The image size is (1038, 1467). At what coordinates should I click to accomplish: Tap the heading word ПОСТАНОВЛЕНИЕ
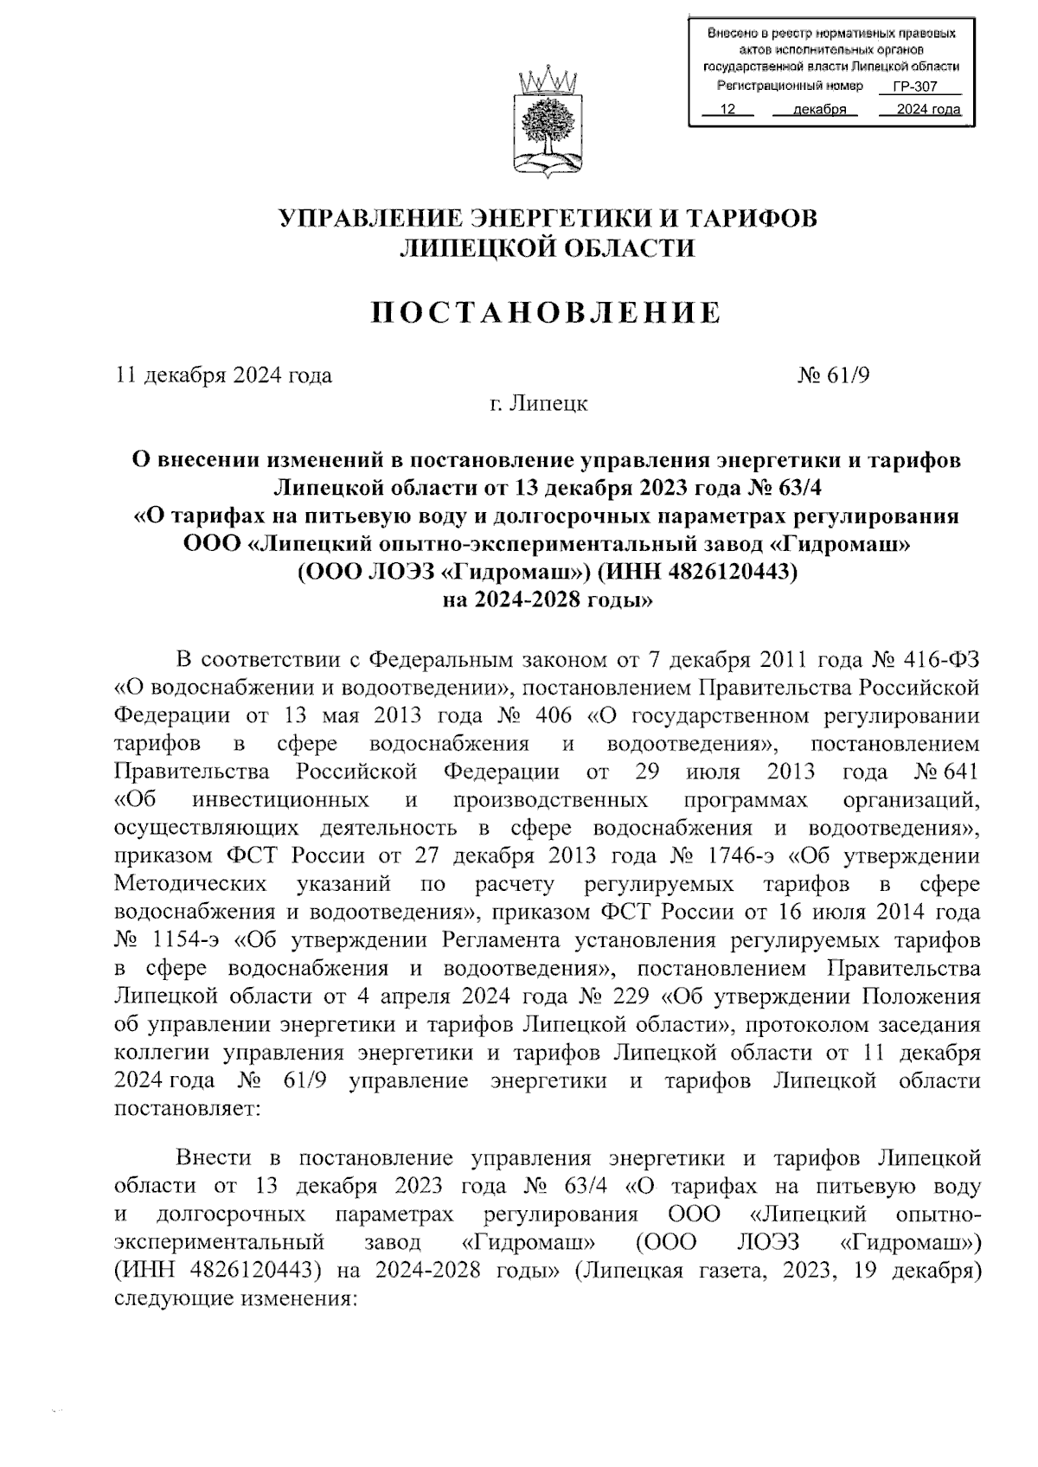[x=546, y=312]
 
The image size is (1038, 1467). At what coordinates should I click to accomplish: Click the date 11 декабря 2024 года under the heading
[x=224, y=375]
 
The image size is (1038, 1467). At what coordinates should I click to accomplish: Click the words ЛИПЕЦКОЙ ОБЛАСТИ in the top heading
[x=546, y=249]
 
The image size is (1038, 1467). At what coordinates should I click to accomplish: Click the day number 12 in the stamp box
[x=727, y=110]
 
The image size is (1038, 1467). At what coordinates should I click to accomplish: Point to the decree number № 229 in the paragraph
[x=612, y=996]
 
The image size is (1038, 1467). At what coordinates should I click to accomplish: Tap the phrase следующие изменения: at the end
[x=235, y=1299]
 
